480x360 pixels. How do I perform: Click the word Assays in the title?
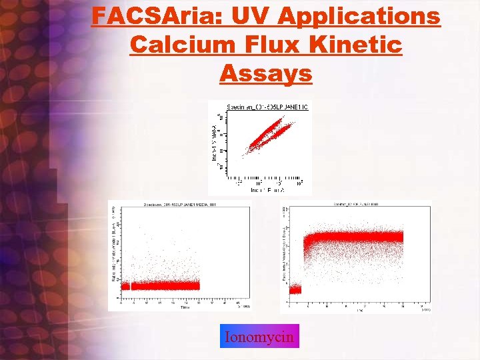tap(265, 73)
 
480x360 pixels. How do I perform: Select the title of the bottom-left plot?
tap(179, 204)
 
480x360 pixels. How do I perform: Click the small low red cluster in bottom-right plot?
tap(295, 289)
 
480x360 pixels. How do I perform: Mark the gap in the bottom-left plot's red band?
tap(130, 285)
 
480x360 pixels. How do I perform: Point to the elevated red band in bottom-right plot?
tap(353, 237)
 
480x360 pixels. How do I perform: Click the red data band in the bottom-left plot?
tap(167, 285)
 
